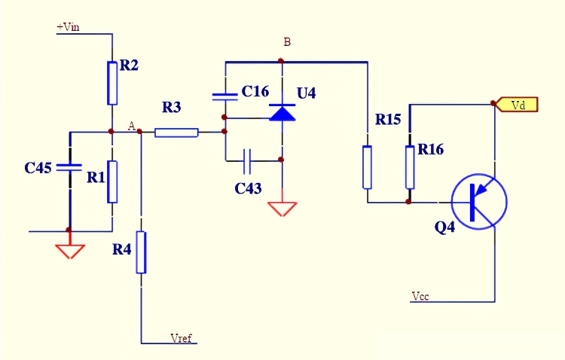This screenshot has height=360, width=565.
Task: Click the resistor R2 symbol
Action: (x=112, y=83)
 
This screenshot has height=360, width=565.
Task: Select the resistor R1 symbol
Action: (x=112, y=182)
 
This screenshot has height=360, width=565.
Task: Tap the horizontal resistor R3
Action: (x=176, y=133)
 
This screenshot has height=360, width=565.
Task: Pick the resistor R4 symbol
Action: (x=141, y=253)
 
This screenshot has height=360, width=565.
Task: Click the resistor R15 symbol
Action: (x=367, y=167)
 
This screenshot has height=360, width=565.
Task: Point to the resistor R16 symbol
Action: (x=410, y=167)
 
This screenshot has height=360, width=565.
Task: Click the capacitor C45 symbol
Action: (x=69, y=167)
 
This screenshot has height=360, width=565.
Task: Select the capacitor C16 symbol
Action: (x=224, y=96)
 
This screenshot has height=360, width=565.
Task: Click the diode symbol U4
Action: (x=281, y=114)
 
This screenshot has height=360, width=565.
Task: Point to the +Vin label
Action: (x=69, y=27)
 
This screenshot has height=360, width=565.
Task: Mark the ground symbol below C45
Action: (x=69, y=249)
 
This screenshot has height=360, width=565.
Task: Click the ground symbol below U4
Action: (x=281, y=207)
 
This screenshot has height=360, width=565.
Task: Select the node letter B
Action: (x=286, y=41)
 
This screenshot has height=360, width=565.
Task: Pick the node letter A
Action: (x=132, y=125)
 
